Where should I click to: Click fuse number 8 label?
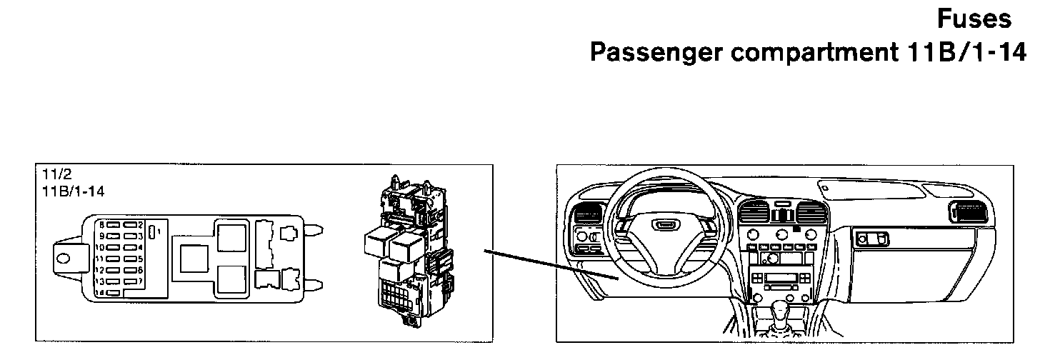coord(103,224)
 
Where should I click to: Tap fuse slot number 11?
coord(112,259)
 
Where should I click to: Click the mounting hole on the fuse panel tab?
coord(65,255)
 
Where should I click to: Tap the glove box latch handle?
coord(873,238)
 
